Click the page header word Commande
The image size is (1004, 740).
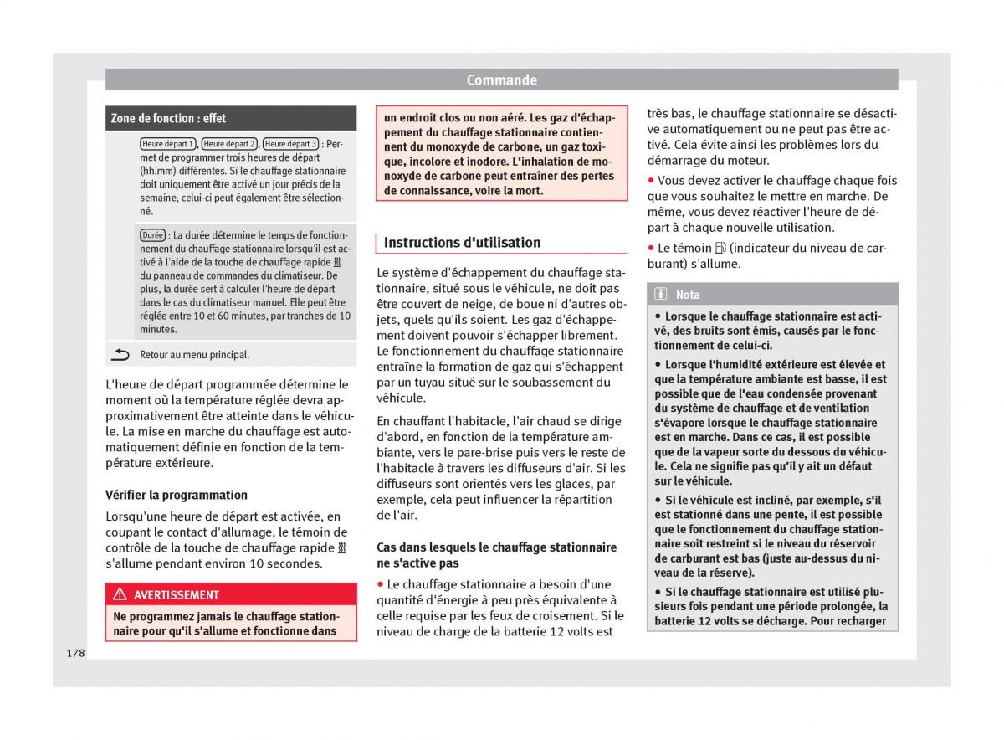(501, 80)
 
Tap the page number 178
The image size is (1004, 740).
(76, 653)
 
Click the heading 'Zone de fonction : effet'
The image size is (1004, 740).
(168, 118)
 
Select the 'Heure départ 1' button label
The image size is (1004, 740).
(168, 144)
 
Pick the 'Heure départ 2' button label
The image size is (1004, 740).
(229, 144)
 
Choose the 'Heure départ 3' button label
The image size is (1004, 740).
(290, 144)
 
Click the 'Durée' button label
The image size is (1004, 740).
(152, 235)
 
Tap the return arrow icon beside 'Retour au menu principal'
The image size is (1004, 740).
(120, 355)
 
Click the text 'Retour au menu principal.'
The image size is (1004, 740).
(194, 355)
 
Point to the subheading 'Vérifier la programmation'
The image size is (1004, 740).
(177, 495)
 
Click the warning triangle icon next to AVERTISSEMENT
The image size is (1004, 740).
(119, 595)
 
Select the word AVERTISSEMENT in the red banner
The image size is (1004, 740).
(177, 595)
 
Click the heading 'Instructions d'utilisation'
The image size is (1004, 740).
(462, 243)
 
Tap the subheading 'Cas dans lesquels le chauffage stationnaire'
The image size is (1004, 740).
(496, 547)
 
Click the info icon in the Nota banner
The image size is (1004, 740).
(661, 295)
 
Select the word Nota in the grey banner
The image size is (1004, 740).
(688, 295)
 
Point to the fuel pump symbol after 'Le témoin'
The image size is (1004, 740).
(721, 248)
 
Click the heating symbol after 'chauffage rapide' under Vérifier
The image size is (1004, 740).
(341, 548)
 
